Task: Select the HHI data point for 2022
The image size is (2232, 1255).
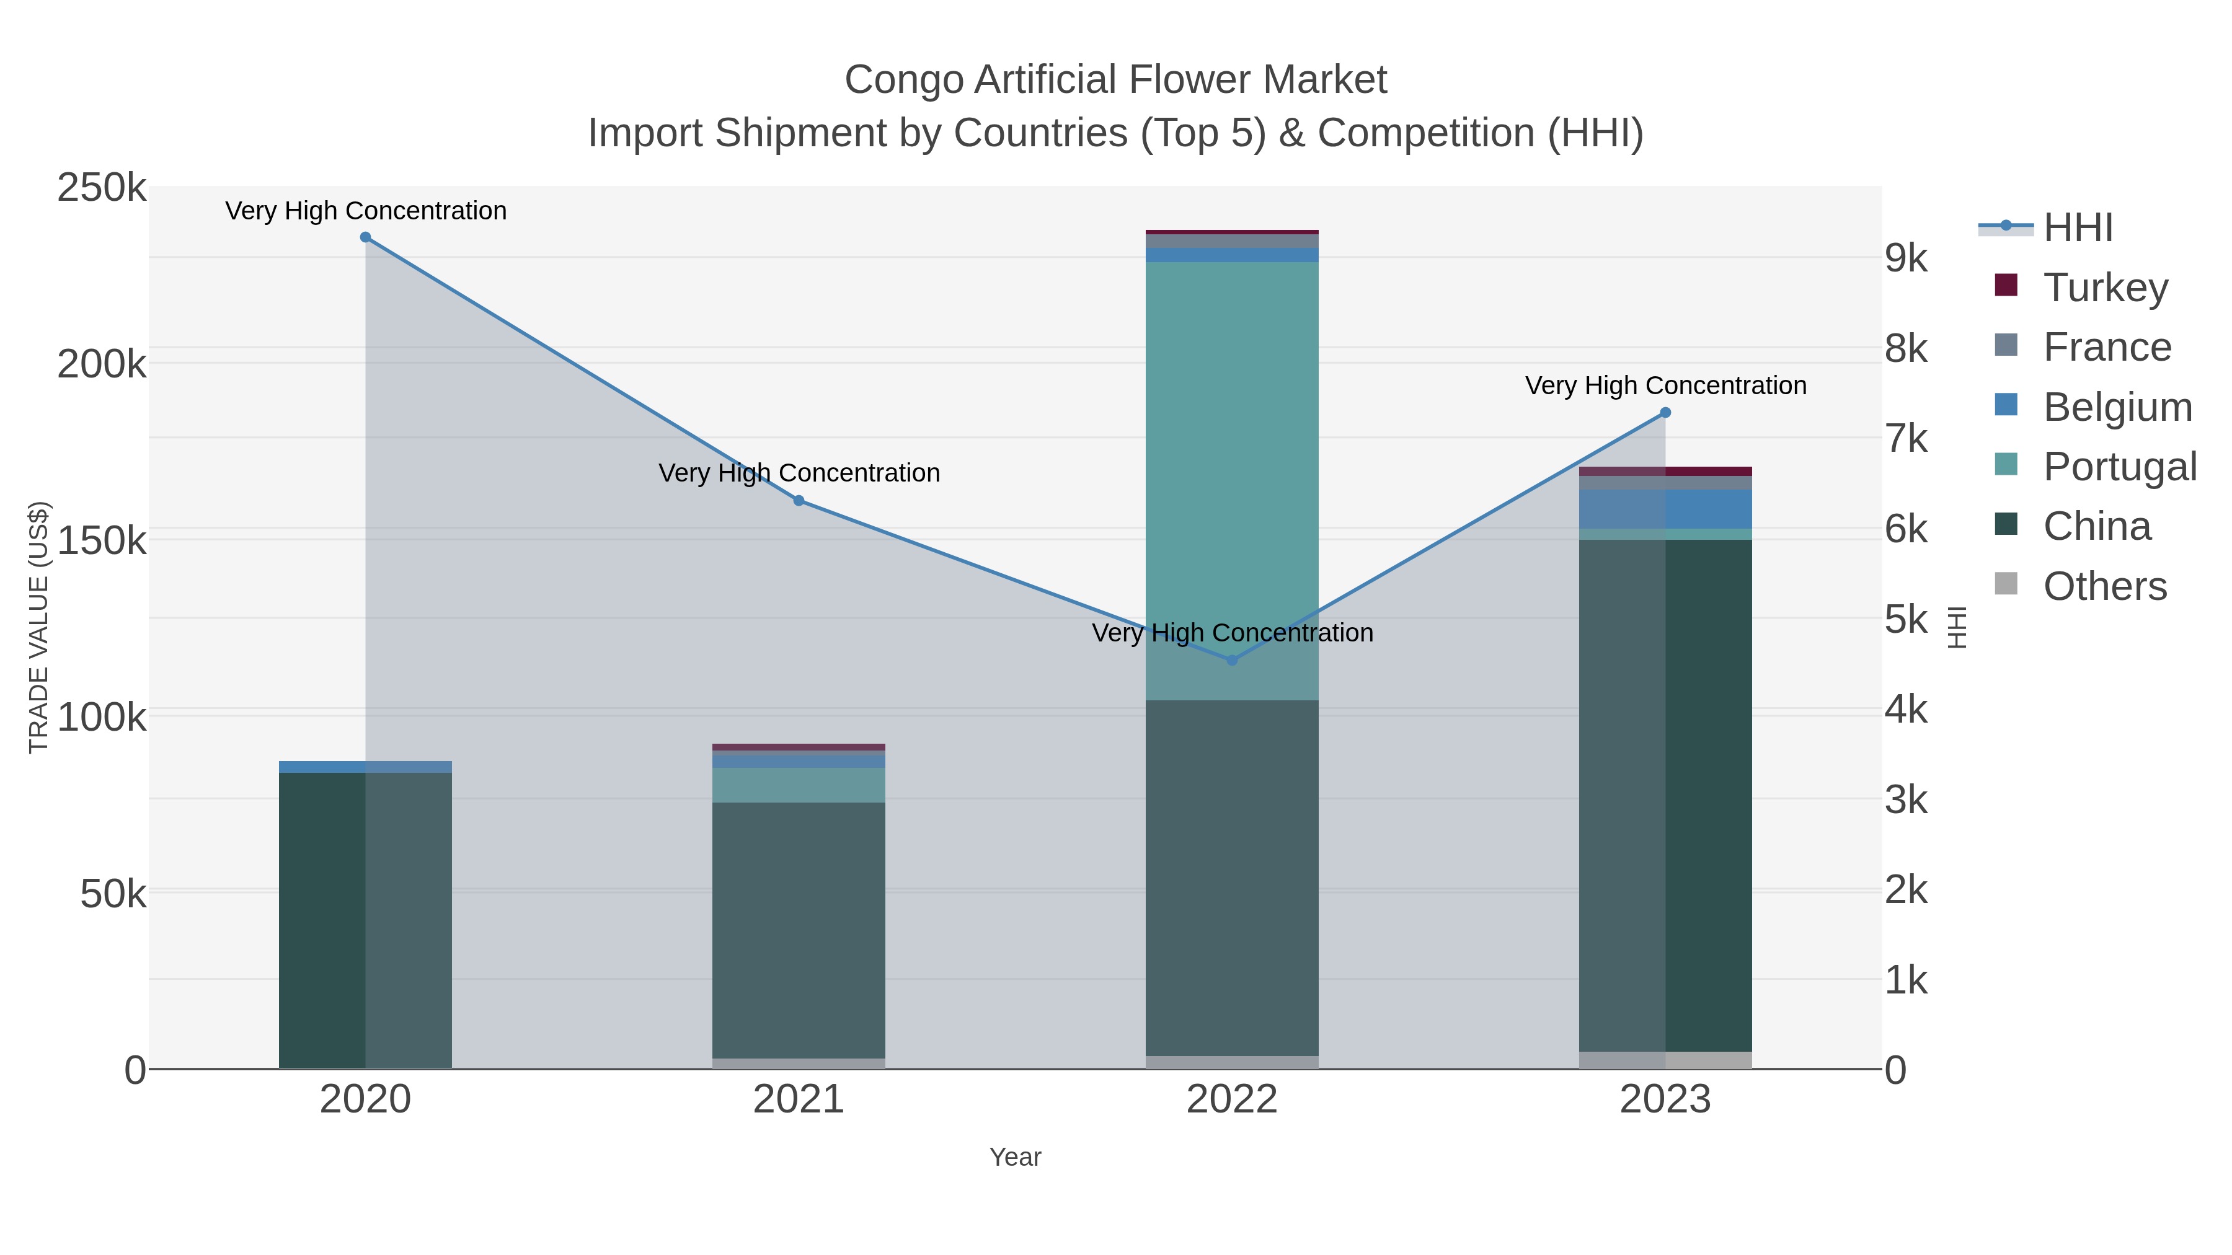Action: pos(1231,660)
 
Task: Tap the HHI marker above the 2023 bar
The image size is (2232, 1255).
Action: pos(1665,413)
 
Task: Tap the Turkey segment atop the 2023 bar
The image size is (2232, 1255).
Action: pos(1665,471)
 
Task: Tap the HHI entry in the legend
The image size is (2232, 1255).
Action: pos(2077,228)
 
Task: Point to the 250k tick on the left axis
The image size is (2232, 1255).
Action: pos(102,188)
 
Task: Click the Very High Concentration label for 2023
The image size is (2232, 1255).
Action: pos(1665,385)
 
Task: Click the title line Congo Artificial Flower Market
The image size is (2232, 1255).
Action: pos(1115,80)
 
